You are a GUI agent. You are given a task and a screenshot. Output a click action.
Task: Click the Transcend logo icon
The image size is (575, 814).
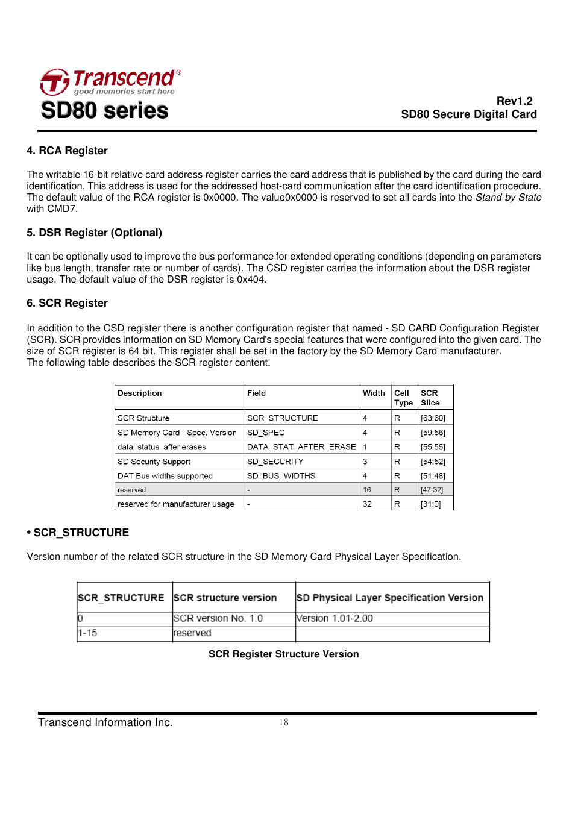[55, 82]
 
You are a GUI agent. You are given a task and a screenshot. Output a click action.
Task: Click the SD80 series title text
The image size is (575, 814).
[104, 110]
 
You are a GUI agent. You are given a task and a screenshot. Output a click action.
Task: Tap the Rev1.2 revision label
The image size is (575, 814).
[514, 101]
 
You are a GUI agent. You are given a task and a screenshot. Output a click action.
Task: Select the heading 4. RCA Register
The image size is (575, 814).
[67, 151]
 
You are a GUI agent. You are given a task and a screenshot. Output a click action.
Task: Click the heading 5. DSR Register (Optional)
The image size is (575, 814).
[94, 233]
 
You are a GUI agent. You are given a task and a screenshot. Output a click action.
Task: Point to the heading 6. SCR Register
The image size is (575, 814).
[67, 303]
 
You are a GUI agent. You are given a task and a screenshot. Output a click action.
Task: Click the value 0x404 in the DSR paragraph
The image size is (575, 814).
[251, 280]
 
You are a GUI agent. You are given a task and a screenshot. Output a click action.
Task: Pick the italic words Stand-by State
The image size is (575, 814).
[508, 198]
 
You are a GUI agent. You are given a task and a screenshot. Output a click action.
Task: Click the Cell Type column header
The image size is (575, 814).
[403, 398]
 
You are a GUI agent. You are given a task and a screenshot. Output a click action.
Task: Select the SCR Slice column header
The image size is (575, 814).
[430, 398]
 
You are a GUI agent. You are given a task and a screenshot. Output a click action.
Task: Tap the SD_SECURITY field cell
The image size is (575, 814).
[275, 462]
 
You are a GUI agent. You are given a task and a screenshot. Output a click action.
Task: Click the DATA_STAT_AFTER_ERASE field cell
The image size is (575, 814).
[301, 447]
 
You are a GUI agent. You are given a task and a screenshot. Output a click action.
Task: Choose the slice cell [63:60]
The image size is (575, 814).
[433, 418]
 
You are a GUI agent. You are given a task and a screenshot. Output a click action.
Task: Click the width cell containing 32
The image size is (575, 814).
[367, 504]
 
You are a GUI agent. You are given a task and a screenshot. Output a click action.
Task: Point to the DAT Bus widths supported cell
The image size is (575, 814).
[165, 476]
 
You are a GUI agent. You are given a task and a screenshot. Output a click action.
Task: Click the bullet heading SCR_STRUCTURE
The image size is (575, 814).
[81, 533]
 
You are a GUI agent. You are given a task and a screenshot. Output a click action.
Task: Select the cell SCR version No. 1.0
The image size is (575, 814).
[218, 618]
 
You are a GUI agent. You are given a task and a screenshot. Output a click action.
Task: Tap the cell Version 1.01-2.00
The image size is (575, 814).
[335, 618]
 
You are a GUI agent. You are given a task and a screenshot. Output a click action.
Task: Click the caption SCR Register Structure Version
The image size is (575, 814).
[283, 654]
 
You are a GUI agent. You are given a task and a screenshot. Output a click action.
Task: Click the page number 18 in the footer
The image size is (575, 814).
[283, 722]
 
